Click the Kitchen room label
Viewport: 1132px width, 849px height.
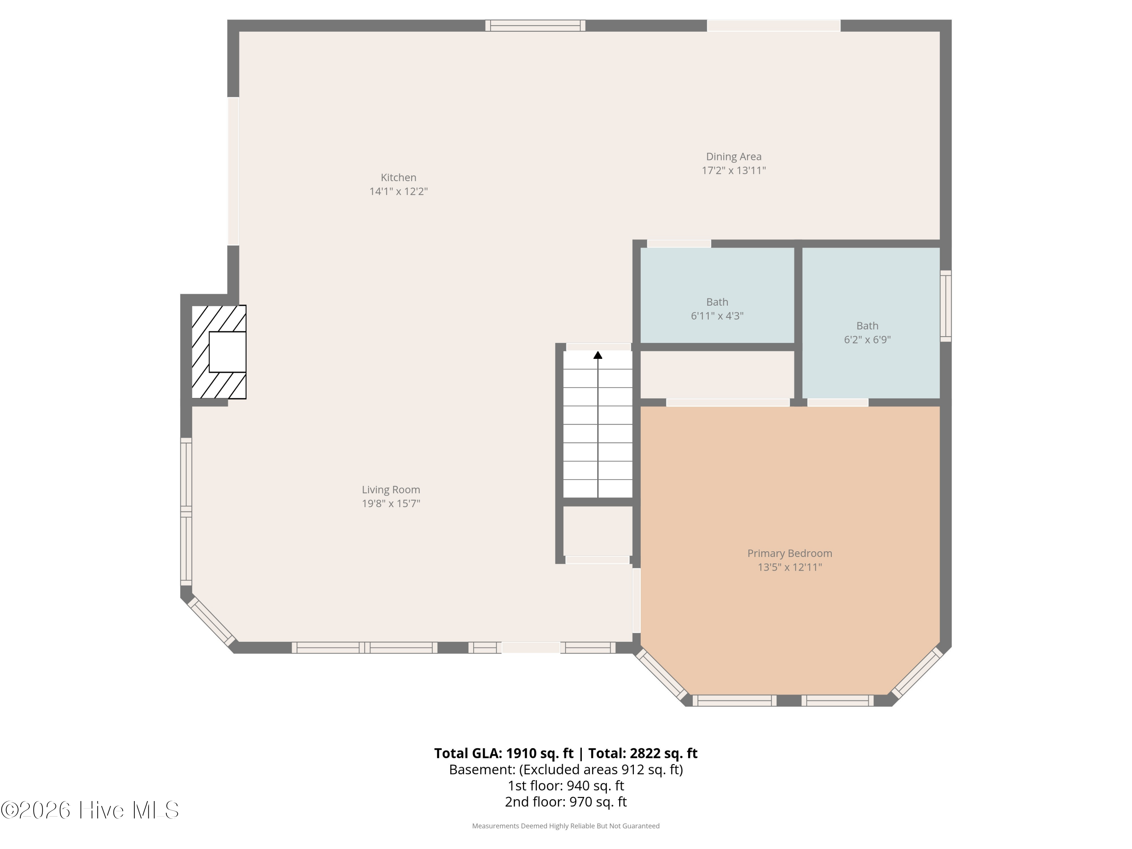coord(398,178)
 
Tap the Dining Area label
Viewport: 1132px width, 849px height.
coord(733,157)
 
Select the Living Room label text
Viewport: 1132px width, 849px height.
coord(391,490)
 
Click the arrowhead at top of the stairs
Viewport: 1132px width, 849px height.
coord(598,355)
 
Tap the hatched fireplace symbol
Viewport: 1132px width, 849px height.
coord(218,352)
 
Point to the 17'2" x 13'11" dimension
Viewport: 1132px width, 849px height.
coord(733,171)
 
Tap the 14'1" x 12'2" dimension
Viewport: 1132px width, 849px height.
coord(398,191)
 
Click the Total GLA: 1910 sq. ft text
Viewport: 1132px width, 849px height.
coord(504,753)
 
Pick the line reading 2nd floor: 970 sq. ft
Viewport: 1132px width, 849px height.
coord(566,801)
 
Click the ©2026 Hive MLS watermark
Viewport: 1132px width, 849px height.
coord(89,810)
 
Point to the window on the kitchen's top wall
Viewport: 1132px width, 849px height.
coord(535,26)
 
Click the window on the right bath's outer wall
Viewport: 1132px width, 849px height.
coord(946,306)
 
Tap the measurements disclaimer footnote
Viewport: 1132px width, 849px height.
coord(566,826)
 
